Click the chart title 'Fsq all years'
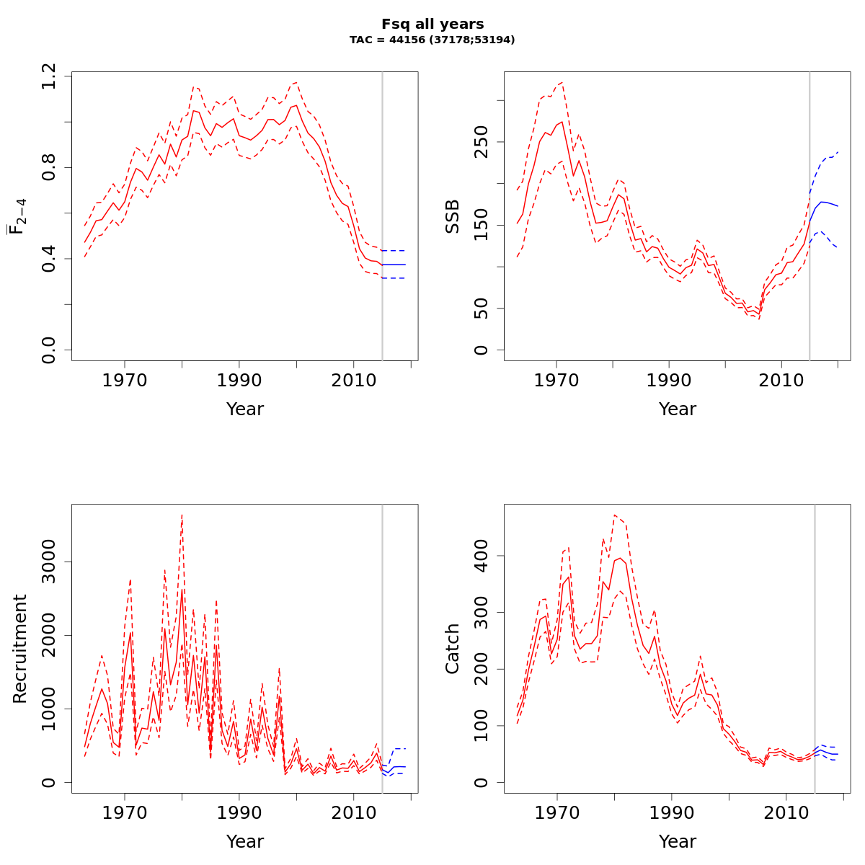click(x=432, y=25)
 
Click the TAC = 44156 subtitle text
click(x=432, y=40)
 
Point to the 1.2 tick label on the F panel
click(x=49, y=76)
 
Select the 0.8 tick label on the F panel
click(x=49, y=167)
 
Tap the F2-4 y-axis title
click(x=17, y=216)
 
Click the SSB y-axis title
click(x=453, y=216)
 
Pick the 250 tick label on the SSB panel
click(x=482, y=141)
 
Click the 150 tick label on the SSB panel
click(x=482, y=225)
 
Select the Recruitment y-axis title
click(x=20, y=649)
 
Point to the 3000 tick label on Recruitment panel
click(x=49, y=562)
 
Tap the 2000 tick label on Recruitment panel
click(x=49, y=635)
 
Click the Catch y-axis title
click(x=453, y=649)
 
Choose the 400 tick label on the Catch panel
click(x=482, y=556)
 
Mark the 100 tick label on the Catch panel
click(x=482, y=726)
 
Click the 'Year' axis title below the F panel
click(x=245, y=409)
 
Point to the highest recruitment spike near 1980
click(x=182, y=516)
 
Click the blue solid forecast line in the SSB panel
click(x=825, y=203)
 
